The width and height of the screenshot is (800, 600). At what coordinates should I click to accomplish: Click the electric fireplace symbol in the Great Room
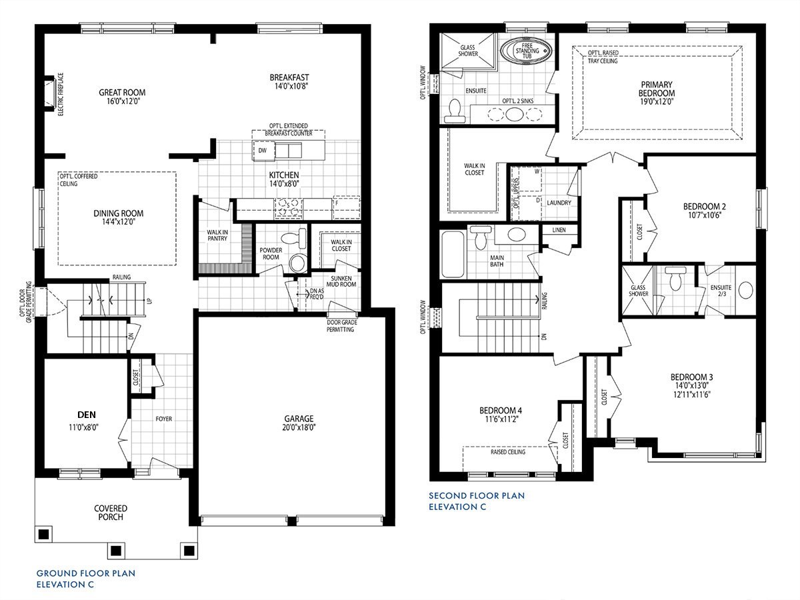(x=49, y=93)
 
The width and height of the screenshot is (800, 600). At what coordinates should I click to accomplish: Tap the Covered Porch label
(x=110, y=512)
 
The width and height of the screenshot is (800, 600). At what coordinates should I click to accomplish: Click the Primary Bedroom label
(x=657, y=89)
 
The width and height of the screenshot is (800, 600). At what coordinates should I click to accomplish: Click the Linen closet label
(x=559, y=230)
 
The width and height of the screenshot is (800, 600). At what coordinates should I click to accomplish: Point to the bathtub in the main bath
(x=453, y=255)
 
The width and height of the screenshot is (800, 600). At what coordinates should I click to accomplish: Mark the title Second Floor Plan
(x=477, y=495)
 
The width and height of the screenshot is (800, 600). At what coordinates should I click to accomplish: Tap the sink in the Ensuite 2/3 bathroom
(x=745, y=291)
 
